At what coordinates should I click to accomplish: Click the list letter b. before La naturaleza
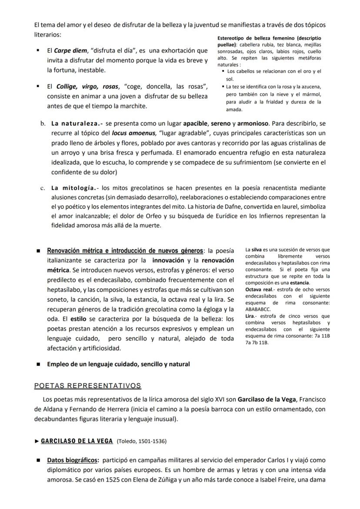coord(43,123)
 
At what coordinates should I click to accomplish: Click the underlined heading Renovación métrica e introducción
coord(125,251)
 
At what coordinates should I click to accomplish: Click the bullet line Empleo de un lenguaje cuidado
coord(118,364)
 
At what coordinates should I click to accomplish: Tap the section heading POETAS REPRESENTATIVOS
coord(87,386)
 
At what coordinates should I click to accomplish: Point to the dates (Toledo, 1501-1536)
coord(142,441)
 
